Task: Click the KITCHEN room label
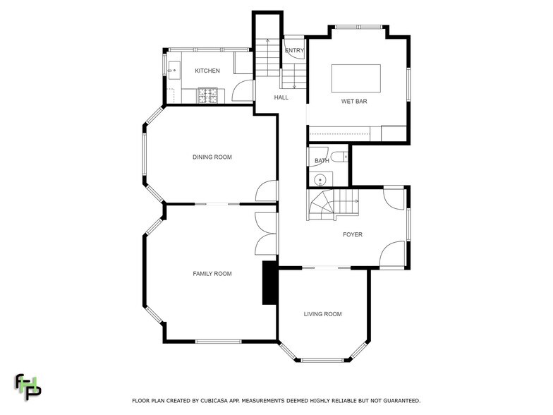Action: [207, 71]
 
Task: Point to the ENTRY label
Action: [294, 51]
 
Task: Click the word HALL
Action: [281, 98]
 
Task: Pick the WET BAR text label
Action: [353, 102]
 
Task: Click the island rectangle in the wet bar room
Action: [355, 78]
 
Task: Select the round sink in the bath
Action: [321, 179]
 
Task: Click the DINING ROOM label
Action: [212, 157]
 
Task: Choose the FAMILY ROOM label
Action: [212, 274]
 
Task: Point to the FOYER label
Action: [352, 235]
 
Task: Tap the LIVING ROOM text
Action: [322, 314]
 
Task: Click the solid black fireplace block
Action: [269, 283]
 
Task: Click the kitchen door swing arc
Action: [242, 89]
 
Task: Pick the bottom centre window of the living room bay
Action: [322, 361]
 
